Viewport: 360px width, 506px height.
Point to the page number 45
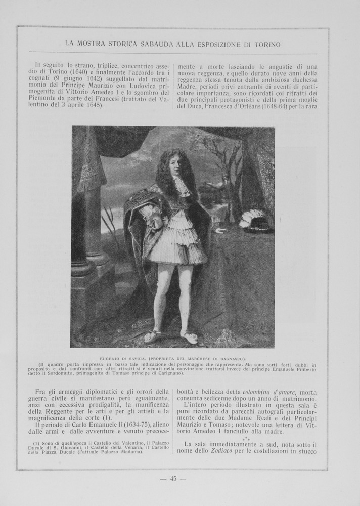pos(173,479)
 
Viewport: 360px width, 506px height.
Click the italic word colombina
pos(258,392)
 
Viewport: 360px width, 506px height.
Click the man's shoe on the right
pos(189,339)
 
